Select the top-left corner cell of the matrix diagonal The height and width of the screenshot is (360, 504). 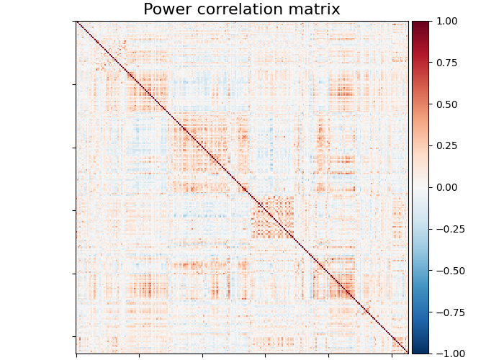point(77,22)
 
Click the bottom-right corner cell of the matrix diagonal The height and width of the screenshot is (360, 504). point(408,353)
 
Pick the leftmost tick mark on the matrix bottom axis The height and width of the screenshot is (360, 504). point(76,355)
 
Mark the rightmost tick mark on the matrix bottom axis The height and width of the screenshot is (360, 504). point(392,355)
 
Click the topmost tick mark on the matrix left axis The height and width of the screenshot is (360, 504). point(75,22)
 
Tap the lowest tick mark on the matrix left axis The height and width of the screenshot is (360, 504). point(75,336)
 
